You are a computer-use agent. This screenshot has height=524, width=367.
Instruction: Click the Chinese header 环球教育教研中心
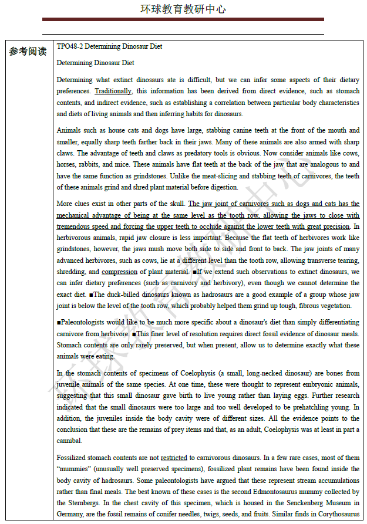point(183,9)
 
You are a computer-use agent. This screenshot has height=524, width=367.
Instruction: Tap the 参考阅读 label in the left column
point(28,52)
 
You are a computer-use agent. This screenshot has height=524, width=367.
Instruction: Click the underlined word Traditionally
point(113,92)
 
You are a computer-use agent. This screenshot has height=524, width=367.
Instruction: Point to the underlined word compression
point(120,272)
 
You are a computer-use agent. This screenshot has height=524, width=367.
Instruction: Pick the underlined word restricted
point(174,458)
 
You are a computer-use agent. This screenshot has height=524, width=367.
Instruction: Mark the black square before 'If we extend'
point(194,272)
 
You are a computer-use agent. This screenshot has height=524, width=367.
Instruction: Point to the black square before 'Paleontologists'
point(59,323)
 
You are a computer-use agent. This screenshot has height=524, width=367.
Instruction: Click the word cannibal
point(70,441)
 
